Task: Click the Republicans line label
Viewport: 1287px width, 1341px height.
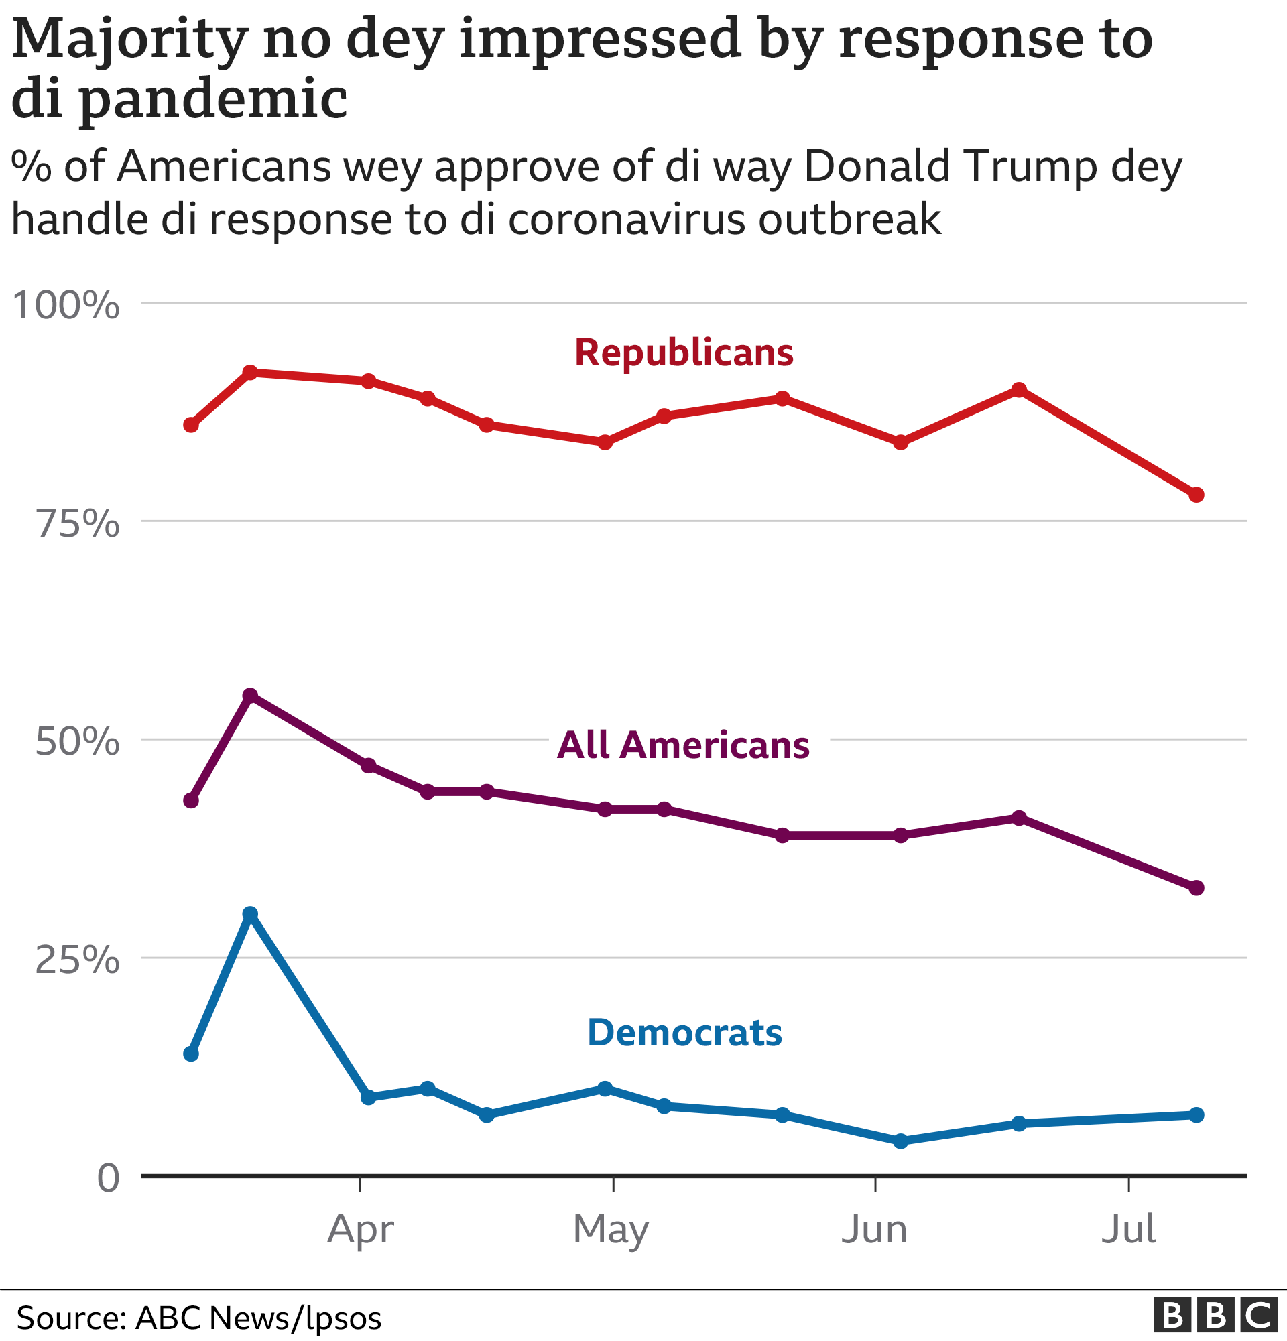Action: point(684,353)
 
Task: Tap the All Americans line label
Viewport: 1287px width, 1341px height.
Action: point(683,745)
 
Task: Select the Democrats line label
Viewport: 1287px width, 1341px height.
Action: point(684,1033)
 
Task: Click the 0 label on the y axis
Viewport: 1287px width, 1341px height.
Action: point(108,1179)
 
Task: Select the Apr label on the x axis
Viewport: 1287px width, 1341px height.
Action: point(360,1230)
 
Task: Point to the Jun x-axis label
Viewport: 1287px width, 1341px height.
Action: point(873,1230)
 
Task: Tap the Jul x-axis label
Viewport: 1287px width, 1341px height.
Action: point(1128,1230)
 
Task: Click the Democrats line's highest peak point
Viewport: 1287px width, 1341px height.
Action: point(251,913)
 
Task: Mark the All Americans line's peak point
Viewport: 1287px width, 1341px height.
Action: point(251,696)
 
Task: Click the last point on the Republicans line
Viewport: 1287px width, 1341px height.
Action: point(1196,495)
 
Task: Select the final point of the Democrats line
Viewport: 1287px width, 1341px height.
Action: point(1196,1115)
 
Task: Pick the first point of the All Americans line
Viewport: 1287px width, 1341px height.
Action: point(192,800)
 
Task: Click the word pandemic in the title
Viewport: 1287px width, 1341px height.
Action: point(212,99)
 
